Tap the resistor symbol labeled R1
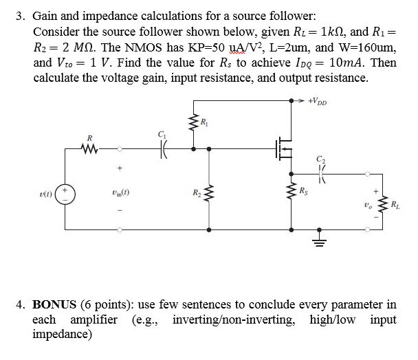[x=193, y=124]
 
